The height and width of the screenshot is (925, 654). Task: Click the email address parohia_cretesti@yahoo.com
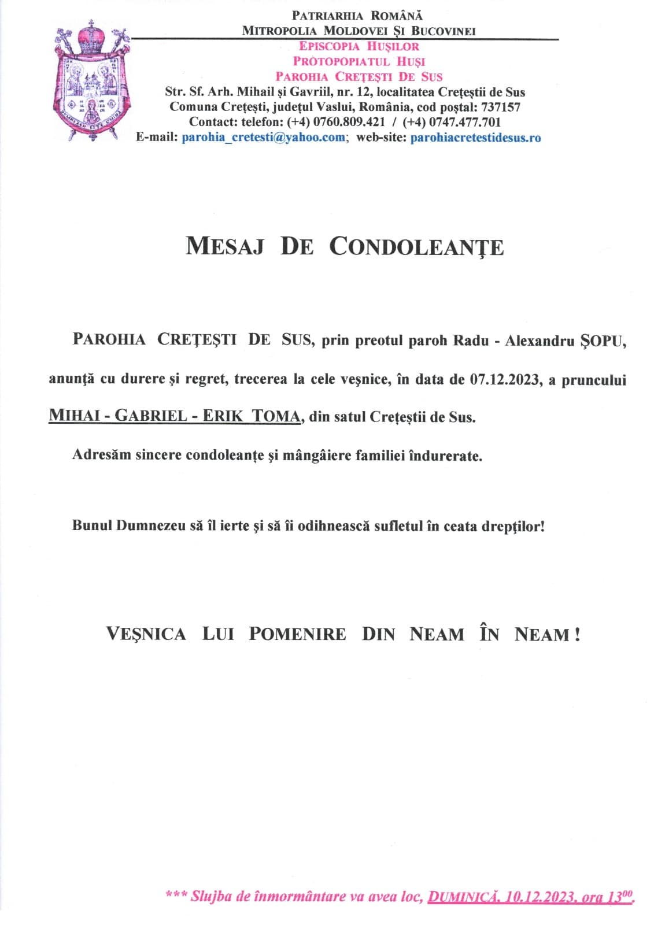tap(263, 138)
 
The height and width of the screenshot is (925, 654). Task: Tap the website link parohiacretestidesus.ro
tap(475, 138)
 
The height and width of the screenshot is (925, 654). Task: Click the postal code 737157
tap(501, 107)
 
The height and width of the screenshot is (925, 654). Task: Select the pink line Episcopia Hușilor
tap(359, 46)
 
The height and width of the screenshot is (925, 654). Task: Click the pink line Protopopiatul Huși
tap(359, 61)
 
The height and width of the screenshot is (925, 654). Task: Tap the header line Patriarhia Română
tap(357, 16)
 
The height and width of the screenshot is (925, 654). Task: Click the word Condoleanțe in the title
tap(416, 247)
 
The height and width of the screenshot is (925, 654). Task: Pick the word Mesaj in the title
tap(224, 247)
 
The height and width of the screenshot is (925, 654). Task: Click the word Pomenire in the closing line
tap(297, 634)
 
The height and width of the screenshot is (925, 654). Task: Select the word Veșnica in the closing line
tap(146, 634)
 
